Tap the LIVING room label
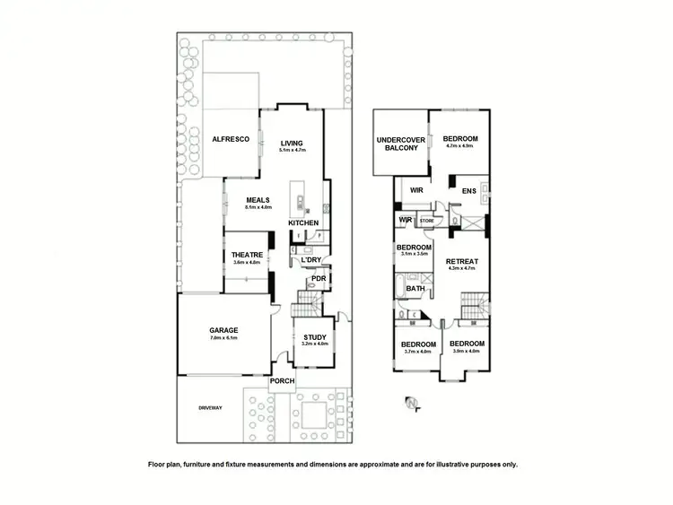[292, 144]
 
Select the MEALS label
[260, 200]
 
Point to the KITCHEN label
[303, 222]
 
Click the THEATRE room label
[247, 255]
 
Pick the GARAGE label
[224, 330]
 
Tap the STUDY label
[315, 336]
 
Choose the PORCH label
[283, 381]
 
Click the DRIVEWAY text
[210, 408]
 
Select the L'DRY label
[311, 260]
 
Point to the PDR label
[318, 279]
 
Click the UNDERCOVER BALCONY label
[400, 144]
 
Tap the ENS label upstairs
[468, 191]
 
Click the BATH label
[415, 289]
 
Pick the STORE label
[427, 220]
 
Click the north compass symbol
[411, 403]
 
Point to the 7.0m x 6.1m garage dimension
[224, 338]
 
